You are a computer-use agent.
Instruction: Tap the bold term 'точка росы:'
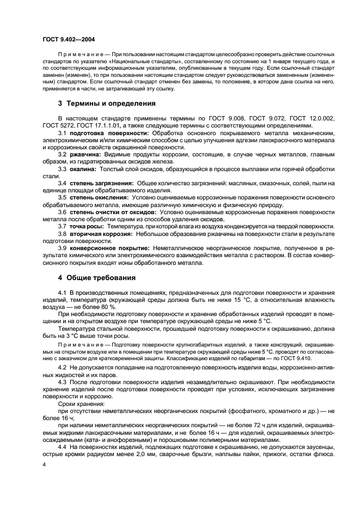pyautogui.click(x=86, y=226)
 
